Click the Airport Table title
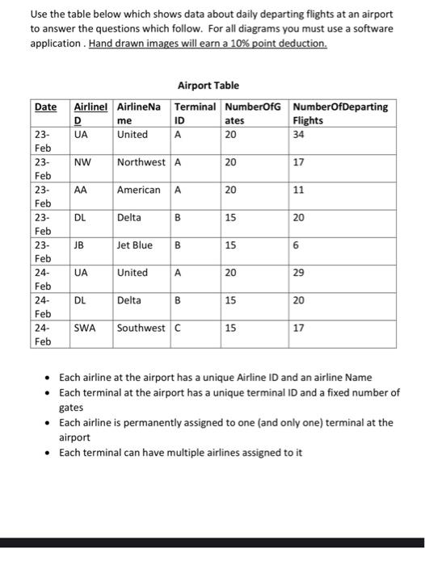click(x=207, y=86)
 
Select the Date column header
click(x=45, y=107)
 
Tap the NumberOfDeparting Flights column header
click(x=340, y=113)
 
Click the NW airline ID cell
click(x=82, y=162)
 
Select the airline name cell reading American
click(x=138, y=190)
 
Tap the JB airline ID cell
click(x=80, y=245)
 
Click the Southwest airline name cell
click(x=142, y=328)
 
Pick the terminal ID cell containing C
click(x=178, y=328)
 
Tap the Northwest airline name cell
click(x=142, y=162)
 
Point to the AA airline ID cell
click(x=81, y=190)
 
